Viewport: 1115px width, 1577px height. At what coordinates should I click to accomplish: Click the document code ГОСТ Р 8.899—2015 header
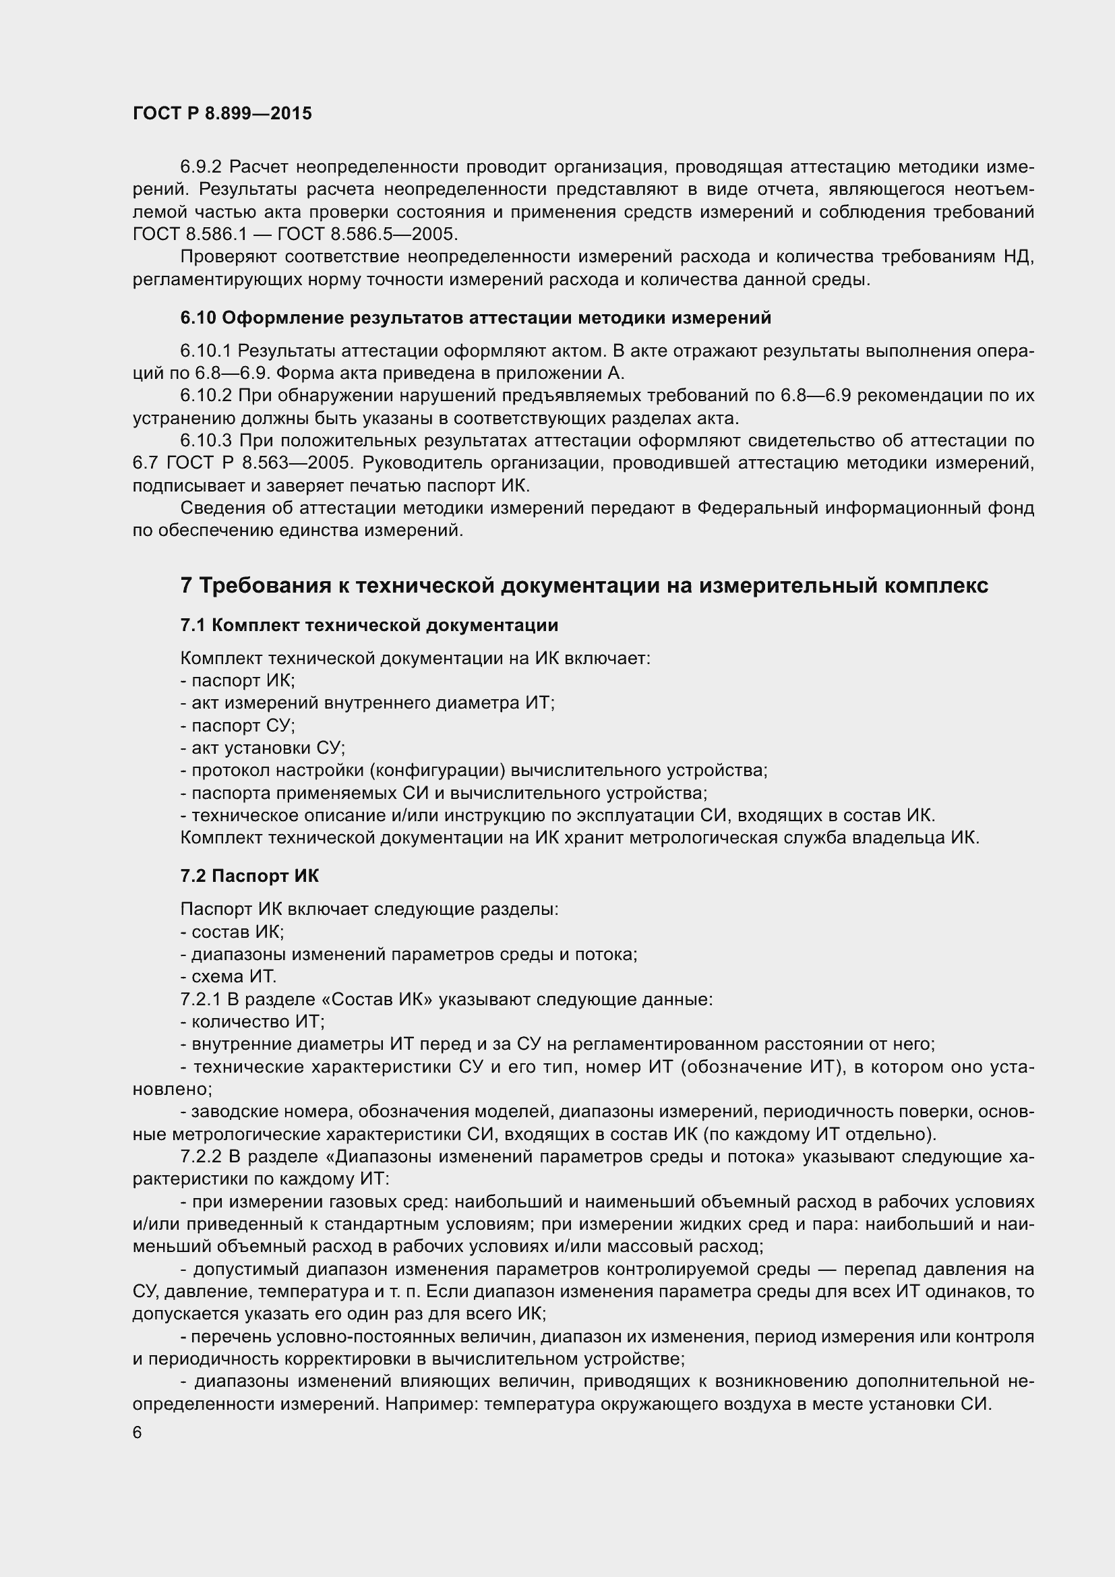(x=222, y=114)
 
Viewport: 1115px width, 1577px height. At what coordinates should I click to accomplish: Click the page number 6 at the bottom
(x=138, y=1432)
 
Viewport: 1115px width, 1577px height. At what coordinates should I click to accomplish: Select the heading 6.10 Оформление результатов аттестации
(x=475, y=318)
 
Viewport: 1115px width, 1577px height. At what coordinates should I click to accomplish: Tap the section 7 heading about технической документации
(x=584, y=585)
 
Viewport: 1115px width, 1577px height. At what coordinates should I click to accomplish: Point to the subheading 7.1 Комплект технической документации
(x=369, y=625)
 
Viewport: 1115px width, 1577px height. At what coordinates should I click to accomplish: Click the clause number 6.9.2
(x=202, y=167)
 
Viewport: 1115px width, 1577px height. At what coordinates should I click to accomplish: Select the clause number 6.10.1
(x=206, y=351)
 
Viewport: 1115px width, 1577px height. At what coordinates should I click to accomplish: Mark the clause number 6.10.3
(x=206, y=440)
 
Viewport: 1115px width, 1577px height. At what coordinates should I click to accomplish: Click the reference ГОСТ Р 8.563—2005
(x=258, y=463)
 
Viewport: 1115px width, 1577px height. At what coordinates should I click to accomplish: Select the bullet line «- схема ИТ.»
(x=228, y=977)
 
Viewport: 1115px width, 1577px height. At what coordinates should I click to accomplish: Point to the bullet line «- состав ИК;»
(x=232, y=932)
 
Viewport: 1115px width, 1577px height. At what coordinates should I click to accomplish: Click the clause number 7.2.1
(x=200, y=999)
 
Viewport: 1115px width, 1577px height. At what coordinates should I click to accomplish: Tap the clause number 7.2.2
(x=200, y=1157)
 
